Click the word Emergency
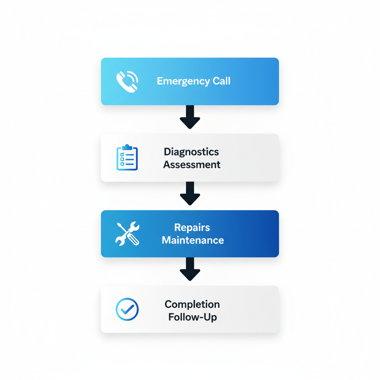[x=178, y=81]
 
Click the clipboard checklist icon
[x=127, y=158]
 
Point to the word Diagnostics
[x=191, y=152]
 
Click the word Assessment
[x=192, y=164]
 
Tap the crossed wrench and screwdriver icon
[x=127, y=234]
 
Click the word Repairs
[x=192, y=227]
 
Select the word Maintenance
[x=193, y=240]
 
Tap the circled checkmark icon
[x=127, y=309]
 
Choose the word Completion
[x=192, y=304]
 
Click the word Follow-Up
[x=192, y=317]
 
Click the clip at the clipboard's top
[x=127, y=147]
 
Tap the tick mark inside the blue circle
[x=127, y=309]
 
